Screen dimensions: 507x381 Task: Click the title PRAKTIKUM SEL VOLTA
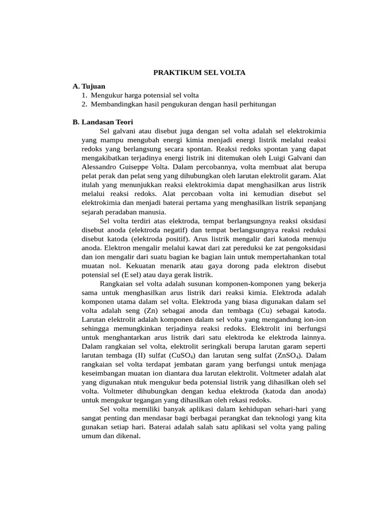pyautogui.click(x=199, y=72)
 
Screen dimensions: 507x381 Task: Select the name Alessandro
pyautogui.click(x=101, y=167)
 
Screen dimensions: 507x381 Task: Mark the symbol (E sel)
pyautogui.click(x=127, y=274)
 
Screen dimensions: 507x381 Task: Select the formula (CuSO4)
pyautogui.click(x=181, y=355)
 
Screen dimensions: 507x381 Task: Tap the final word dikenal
pyautogui.click(x=128, y=436)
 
